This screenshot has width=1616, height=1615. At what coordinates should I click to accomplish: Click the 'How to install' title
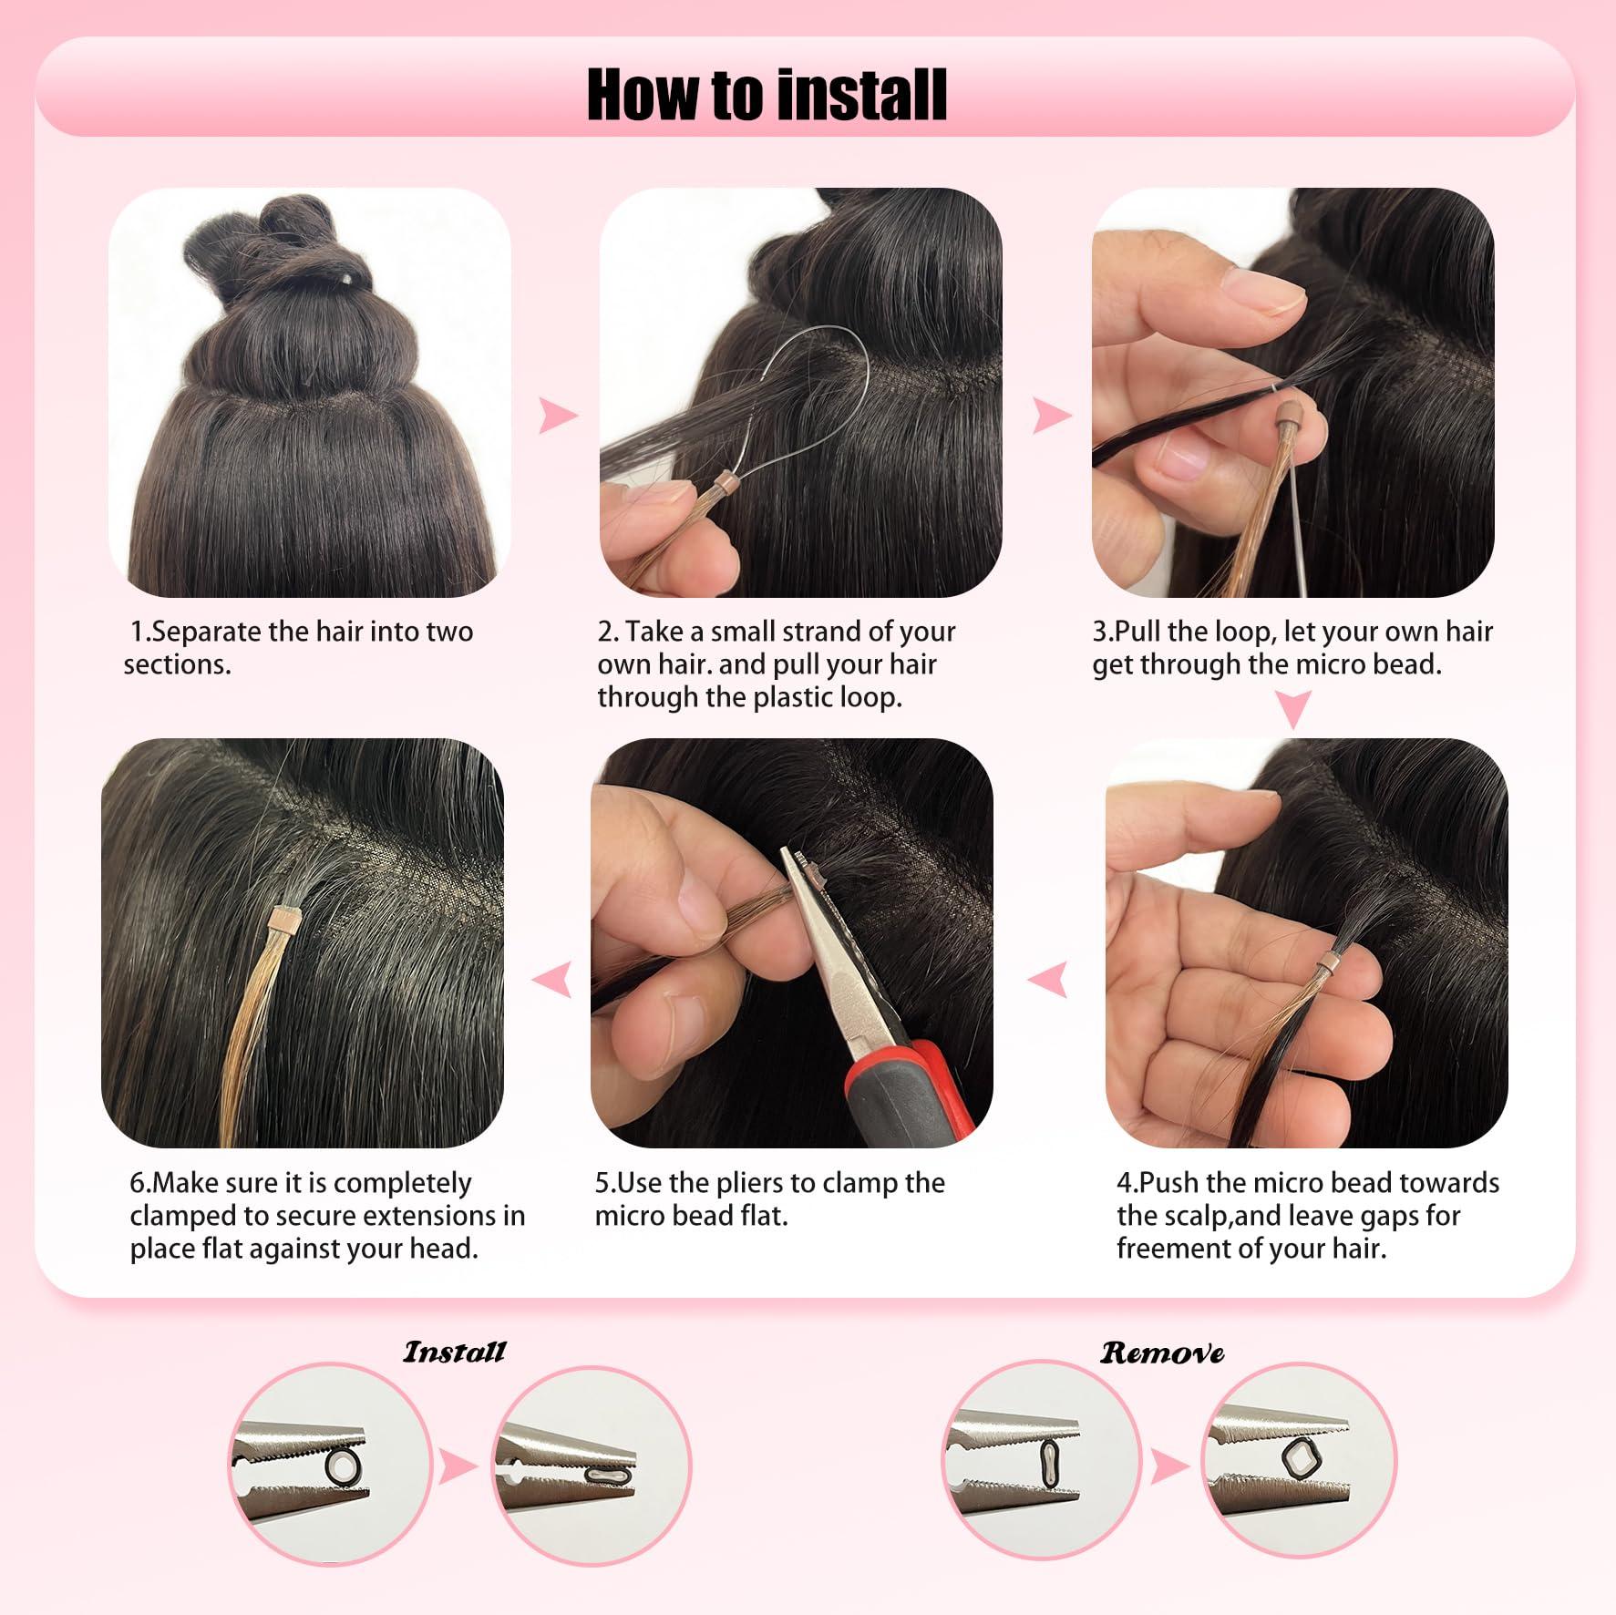click(x=767, y=95)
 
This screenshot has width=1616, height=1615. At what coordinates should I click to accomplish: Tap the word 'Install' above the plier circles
click(x=454, y=1352)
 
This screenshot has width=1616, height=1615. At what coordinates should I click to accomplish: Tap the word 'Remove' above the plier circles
click(x=1162, y=1353)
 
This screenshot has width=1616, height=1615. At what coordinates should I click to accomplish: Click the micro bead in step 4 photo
click(x=1331, y=961)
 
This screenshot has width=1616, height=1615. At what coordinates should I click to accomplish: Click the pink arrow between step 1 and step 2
click(x=557, y=416)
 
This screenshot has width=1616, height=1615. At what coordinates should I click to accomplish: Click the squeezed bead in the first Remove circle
click(x=1049, y=1464)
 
